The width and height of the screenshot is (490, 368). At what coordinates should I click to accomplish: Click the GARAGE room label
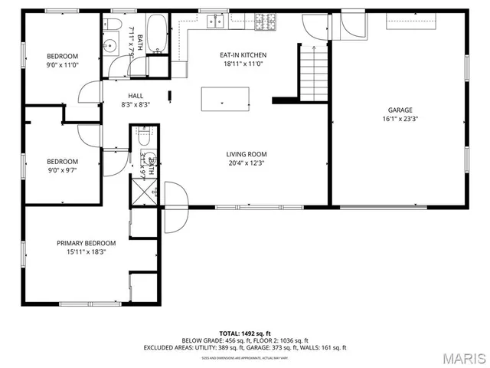[400, 110]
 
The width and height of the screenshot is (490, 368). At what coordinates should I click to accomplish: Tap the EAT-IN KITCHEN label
[243, 55]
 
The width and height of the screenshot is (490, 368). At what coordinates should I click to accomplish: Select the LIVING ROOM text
[247, 154]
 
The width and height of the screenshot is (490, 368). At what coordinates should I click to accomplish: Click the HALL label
[136, 96]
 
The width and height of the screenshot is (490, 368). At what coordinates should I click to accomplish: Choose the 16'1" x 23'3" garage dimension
[400, 119]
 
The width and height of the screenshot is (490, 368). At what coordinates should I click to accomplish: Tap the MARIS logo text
[464, 358]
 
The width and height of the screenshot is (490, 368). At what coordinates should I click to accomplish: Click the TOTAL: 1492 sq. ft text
[244, 333]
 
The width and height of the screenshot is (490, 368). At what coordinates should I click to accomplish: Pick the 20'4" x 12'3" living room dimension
[247, 163]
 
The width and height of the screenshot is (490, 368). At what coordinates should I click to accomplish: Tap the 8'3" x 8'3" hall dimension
[136, 105]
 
